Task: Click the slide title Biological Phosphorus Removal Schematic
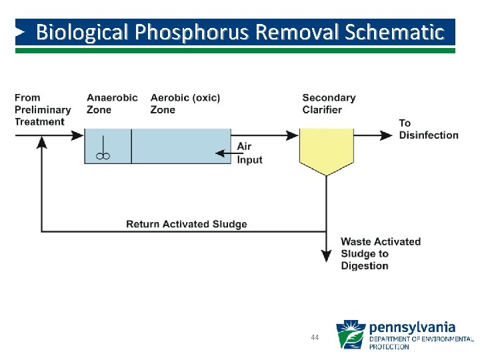coord(239,32)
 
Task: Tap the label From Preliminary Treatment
coord(43,110)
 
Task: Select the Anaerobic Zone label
coord(112,104)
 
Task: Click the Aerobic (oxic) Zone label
coord(185,104)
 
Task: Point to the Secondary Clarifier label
coord(329,104)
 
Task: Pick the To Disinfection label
coord(429,129)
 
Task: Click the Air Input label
coord(249,153)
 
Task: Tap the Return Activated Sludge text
coord(187,224)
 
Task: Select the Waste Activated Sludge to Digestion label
coord(381,253)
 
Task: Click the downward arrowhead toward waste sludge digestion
coord(326,255)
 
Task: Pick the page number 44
coord(315,338)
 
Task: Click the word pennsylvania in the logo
coord(412,327)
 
